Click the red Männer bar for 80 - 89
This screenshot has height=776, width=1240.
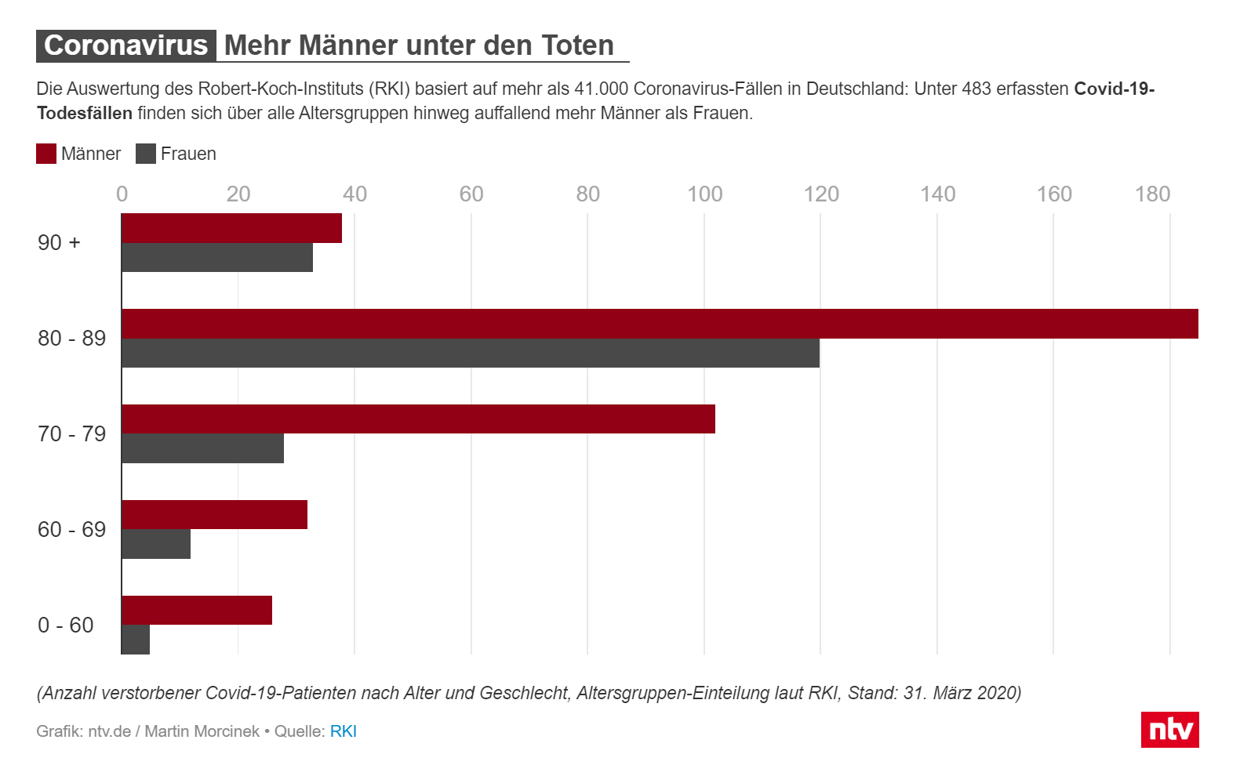(660, 324)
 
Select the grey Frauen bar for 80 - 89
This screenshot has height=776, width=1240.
(471, 354)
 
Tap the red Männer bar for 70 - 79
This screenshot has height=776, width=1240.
(418, 419)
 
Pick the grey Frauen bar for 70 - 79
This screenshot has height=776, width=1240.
(202, 448)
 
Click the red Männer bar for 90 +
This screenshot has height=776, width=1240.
(231, 228)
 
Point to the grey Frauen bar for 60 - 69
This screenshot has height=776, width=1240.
(156, 544)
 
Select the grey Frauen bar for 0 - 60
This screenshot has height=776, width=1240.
(136, 640)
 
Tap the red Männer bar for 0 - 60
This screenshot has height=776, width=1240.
(197, 611)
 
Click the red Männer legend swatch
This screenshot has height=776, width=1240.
(46, 154)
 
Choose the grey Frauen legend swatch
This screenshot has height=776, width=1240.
(146, 154)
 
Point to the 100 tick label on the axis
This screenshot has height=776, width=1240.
(704, 194)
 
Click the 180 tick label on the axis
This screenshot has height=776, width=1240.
(1152, 194)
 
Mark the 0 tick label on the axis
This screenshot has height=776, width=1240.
(122, 194)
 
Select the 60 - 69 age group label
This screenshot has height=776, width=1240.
(71, 530)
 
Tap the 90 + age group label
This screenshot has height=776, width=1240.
(59, 243)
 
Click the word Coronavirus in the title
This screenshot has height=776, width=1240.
(125, 45)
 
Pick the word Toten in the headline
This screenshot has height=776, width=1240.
(577, 45)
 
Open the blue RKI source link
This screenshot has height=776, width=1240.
(343, 731)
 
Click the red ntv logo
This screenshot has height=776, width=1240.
(1169, 730)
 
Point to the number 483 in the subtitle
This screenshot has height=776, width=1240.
(976, 89)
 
